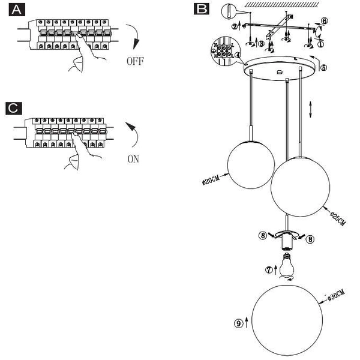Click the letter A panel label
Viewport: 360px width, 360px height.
click(19, 10)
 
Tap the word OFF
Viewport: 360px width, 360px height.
click(136, 61)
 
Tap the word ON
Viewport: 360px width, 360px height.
click(133, 160)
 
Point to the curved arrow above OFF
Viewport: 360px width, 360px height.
click(135, 38)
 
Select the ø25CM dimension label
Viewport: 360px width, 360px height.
click(338, 217)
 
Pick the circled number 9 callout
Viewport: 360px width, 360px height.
click(238, 323)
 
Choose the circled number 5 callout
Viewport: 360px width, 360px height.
click(323, 68)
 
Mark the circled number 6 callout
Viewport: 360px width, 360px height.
click(324, 20)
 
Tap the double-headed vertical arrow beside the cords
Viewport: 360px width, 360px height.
click(310, 110)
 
